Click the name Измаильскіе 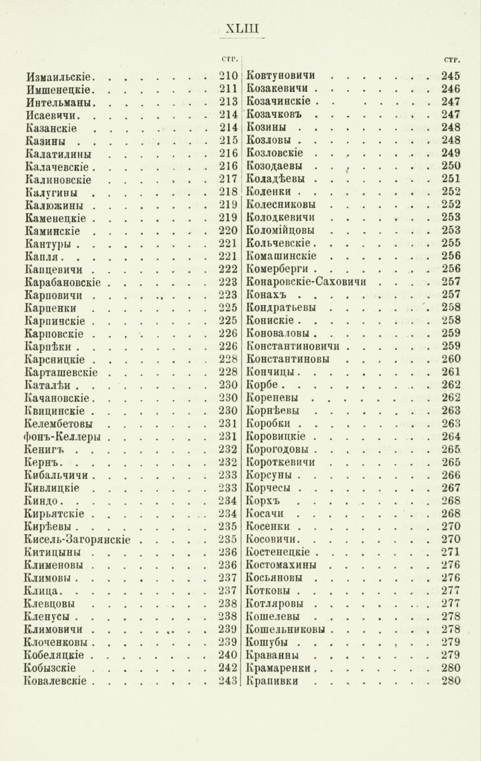click(x=61, y=77)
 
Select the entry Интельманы click(x=61, y=101)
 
